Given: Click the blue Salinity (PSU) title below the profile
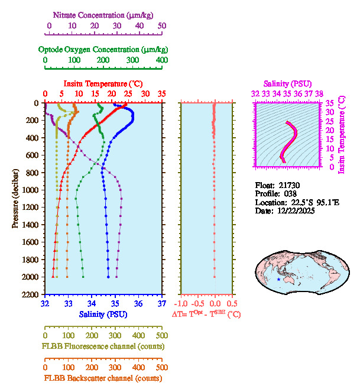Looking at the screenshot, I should (x=103, y=314).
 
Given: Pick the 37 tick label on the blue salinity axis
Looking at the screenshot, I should (x=162, y=304).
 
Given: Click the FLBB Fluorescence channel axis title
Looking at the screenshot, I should (x=103, y=346).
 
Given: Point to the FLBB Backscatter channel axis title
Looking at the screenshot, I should (x=103, y=378).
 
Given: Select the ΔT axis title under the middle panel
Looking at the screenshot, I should (x=206, y=314).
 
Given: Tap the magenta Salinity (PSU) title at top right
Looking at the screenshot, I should (x=287, y=83).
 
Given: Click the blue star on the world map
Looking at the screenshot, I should (x=278, y=279).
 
